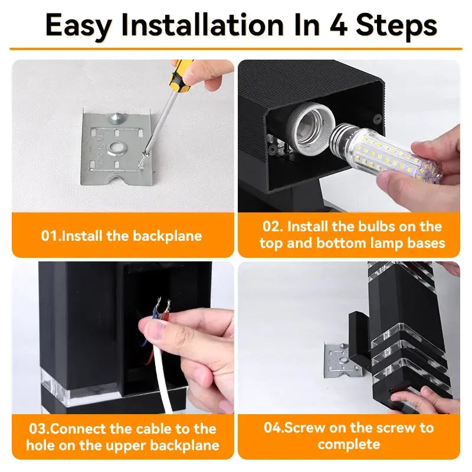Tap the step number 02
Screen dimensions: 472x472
(x=273, y=227)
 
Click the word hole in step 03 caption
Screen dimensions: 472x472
(x=41, y=445)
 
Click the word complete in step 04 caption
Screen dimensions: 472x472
(x=349, y=444)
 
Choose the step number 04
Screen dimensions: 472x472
(x=273, y=428)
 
